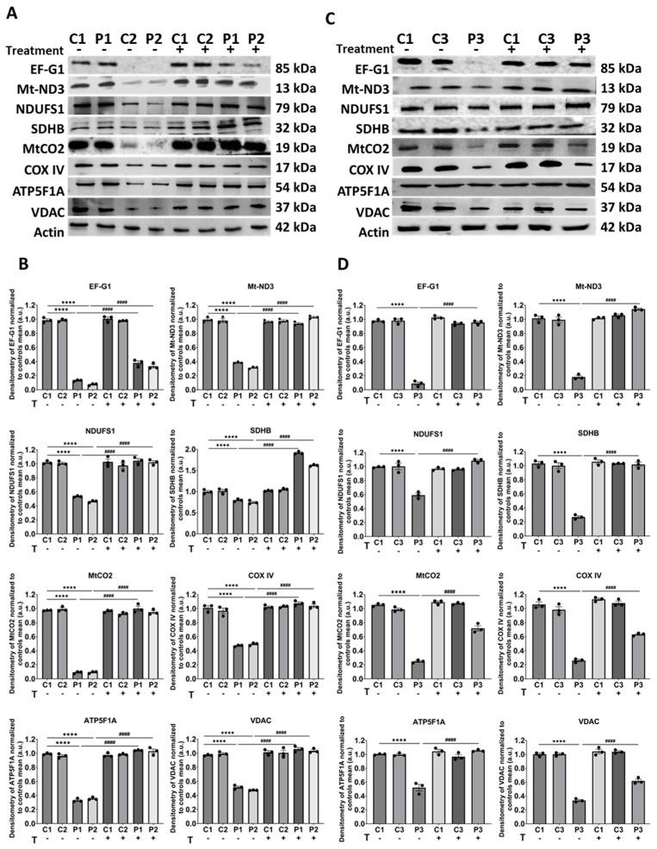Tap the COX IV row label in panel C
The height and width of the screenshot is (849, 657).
(364, 165)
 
